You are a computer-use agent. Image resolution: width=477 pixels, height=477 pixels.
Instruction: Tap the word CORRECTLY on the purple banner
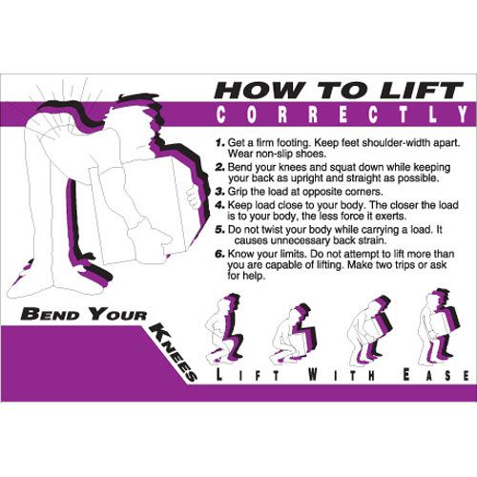pyautogui.click(x=342, y=114)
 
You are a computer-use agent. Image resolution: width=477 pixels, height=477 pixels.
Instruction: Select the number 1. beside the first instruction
pyautogui.click(x=220, y=142)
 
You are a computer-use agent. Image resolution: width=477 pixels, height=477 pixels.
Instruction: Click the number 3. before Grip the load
pyautogui.click(x=220, y=192)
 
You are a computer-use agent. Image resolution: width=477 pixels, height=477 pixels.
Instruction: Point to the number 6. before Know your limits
pyautogui.click(x=220, y=254)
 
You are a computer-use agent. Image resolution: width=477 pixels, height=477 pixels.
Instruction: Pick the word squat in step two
pyautogui.click(x=343, y=168)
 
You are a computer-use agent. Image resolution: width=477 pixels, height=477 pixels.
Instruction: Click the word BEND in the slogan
pyautogui.click(x=50, y=314)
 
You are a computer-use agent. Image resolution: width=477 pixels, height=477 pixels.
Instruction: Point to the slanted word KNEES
pyautogui.click(x=174, y=351)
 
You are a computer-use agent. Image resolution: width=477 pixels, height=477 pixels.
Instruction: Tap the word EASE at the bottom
pyautogui.click(x=435, y=375)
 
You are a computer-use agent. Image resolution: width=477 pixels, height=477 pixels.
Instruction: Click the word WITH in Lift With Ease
pyautogui.click(x=342, y=375)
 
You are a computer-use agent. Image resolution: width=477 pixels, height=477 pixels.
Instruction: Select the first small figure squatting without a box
pyautogui.click(x=223, y=328)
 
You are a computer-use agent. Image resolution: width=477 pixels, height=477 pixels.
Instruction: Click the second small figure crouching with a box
pyautogui.click(x=293, y=334)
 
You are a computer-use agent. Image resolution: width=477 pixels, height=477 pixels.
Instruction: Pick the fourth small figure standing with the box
pyautogui.click(x=438, y=326)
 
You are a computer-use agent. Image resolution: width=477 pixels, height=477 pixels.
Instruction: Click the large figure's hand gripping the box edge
pyautogui.click(x=193, y=197)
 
